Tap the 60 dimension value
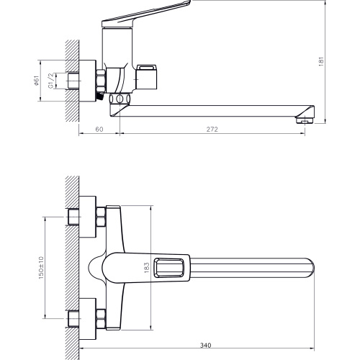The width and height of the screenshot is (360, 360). (99, 130)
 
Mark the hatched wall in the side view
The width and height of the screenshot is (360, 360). (71, 79)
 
